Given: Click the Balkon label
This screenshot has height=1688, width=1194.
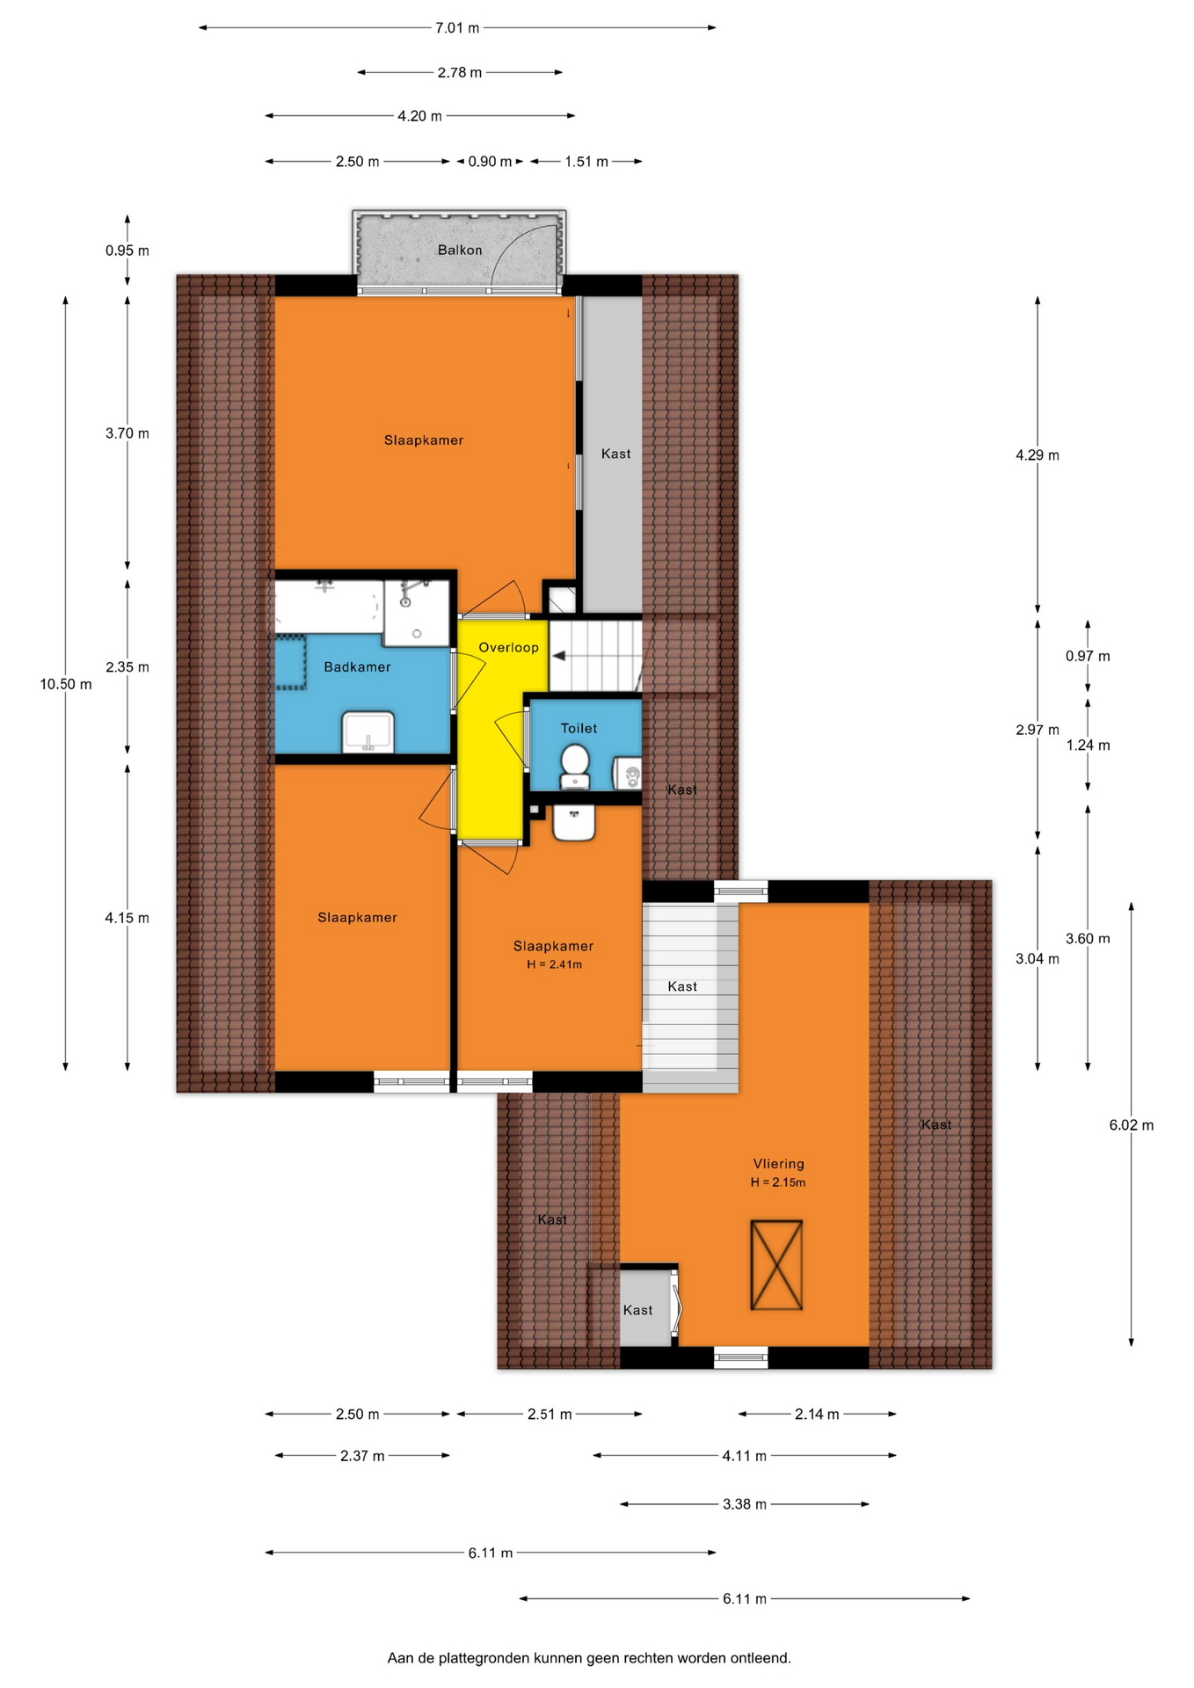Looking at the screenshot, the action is coord(460,251).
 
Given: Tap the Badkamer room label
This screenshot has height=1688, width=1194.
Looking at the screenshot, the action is coord(357,667).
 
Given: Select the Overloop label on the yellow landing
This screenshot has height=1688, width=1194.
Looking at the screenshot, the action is coord(508,648).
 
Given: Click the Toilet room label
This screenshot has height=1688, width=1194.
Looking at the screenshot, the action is coord(579,729).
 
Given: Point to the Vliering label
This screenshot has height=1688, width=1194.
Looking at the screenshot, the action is coord(778,1164).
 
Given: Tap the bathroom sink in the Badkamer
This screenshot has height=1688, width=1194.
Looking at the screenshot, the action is coord(368,732).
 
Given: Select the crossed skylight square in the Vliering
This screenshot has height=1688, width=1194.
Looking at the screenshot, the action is coord(776,1265).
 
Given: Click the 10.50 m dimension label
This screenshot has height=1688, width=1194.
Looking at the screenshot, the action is coord(66,685).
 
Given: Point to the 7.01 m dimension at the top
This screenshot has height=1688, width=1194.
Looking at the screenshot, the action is coord(457,28).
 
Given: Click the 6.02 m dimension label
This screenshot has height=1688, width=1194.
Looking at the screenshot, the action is coord(1132,1125).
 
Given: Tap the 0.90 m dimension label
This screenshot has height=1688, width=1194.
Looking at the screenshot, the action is coord(490,162).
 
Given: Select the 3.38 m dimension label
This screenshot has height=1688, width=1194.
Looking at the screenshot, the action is coord(745,1504).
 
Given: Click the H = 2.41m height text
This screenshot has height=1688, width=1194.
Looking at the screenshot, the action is coord(554,964).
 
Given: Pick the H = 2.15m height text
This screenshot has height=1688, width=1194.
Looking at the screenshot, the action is coord(778,1182).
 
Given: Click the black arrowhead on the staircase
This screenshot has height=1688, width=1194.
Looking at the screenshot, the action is coord(558,657).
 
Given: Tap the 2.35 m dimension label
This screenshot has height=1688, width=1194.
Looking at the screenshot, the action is coord(127,667).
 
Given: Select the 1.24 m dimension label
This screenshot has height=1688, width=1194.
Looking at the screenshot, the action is coord(1088,746).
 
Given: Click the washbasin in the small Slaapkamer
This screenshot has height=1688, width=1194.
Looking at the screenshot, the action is coord(574,823).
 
